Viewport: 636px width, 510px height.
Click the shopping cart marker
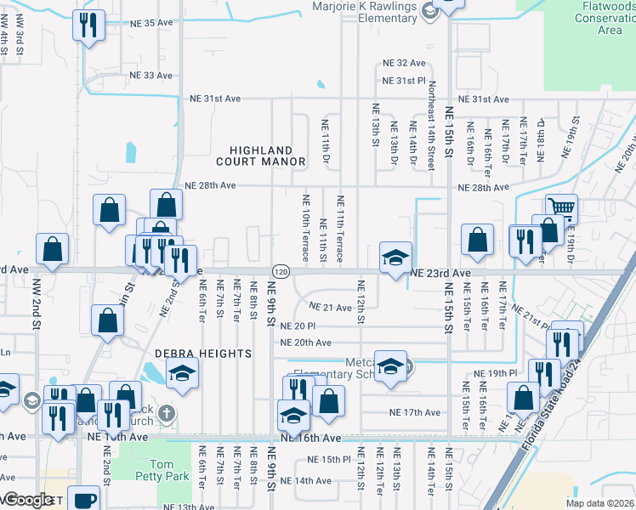562,207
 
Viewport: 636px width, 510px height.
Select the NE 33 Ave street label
150,75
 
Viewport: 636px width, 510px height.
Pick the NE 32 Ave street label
404,63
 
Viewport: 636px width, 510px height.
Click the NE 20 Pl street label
298,326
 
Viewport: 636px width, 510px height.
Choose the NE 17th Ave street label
414,412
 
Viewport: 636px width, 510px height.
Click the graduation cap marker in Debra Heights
182,374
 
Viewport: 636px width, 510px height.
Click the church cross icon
168,414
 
